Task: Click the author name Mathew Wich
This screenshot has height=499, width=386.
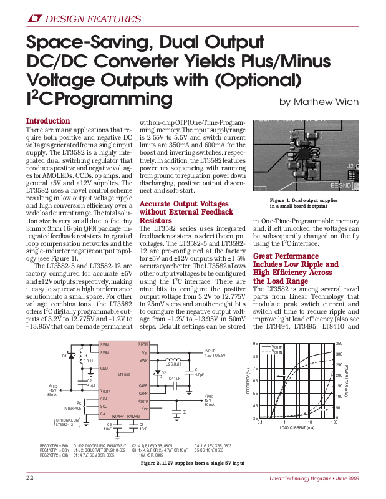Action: click(319, 102)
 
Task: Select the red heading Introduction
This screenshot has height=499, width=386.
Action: click(47, 121)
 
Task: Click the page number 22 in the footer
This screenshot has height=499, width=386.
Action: click(29, 477)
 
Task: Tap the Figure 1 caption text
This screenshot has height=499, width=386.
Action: click(303, 203)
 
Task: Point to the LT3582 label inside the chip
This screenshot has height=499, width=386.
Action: click(123, 375)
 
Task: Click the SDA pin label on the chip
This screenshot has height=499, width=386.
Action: click(104, 399)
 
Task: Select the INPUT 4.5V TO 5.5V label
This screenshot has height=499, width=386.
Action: click(214, 353)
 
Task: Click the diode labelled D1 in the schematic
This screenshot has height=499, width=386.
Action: click(64, 356)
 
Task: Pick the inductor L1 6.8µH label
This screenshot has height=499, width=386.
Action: click(88, 359)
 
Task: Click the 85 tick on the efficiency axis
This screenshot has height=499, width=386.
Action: click(254, 356)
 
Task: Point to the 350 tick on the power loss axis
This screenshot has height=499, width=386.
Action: click(339, 344)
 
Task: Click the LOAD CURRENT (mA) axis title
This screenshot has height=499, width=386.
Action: click(297, 429)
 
